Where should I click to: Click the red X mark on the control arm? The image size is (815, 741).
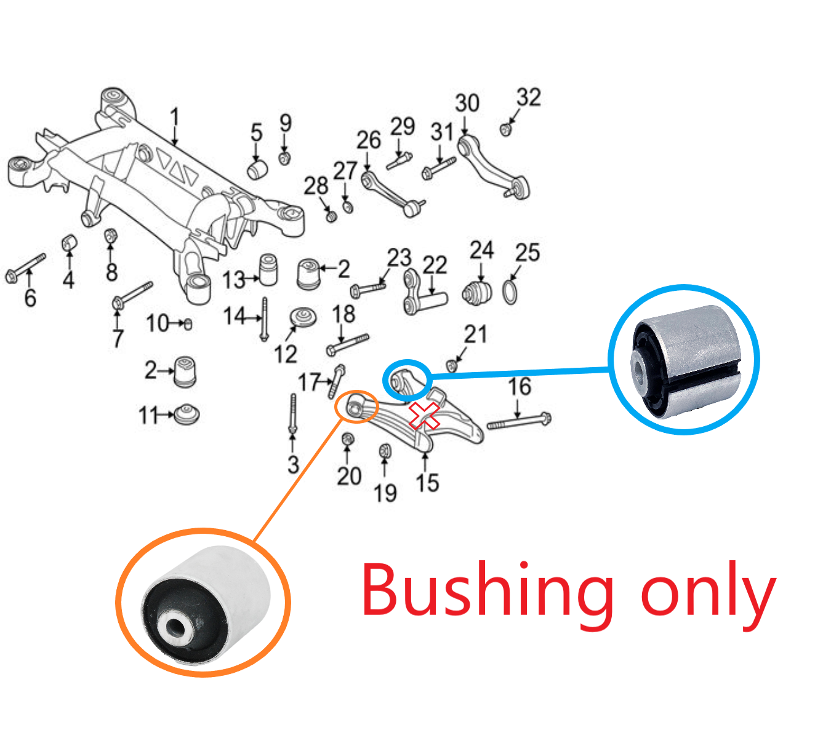[424, 415]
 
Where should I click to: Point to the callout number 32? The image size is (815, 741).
[529, 97]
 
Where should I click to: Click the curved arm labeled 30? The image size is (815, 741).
[493, 168]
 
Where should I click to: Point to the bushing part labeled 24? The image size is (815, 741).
[477, 293]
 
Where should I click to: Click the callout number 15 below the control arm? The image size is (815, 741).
[427, 483]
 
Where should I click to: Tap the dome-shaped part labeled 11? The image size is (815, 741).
[187, 414]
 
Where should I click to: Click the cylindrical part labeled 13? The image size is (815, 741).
[268, 269]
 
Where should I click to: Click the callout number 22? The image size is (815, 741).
[435, 266]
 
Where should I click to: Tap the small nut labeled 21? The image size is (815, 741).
[452, 366]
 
